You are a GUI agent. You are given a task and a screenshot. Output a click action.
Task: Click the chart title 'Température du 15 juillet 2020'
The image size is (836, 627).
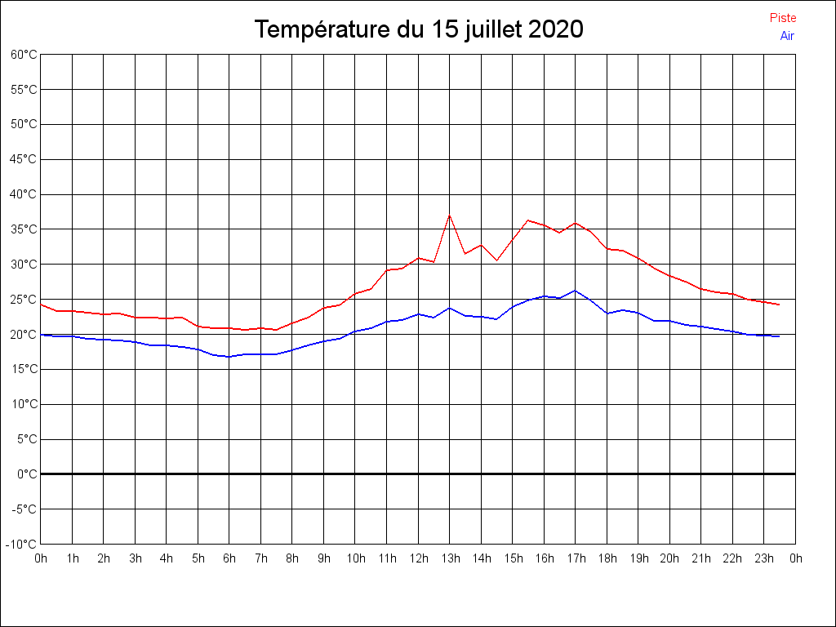tap(418, 29)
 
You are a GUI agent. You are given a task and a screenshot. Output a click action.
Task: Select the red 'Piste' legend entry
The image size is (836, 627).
tap(783, 18)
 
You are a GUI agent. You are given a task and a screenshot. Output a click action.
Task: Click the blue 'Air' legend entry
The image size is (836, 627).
tap(787, 35)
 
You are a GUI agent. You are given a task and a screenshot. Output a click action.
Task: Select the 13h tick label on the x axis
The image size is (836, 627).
tap(450, 558)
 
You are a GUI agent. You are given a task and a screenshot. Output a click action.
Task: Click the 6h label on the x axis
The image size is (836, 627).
tap(229, 558)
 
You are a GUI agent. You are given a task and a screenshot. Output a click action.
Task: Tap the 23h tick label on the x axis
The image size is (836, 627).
tap(764, 558)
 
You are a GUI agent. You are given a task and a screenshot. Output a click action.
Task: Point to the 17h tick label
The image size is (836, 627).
tap(576, 558)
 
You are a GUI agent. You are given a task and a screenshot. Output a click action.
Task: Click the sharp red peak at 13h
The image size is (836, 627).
tap(450, 216)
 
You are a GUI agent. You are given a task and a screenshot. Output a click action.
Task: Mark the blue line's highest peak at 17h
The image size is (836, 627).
tap(576, 291)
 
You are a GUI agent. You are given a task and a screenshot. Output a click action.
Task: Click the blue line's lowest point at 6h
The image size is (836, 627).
tap(229, 357)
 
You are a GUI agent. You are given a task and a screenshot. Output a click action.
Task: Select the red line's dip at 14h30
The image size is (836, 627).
tap(496, 260)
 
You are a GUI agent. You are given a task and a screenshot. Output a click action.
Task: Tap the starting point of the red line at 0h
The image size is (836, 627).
tap(41, 305)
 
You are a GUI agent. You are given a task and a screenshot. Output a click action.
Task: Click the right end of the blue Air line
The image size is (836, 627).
tap(780, 336)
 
